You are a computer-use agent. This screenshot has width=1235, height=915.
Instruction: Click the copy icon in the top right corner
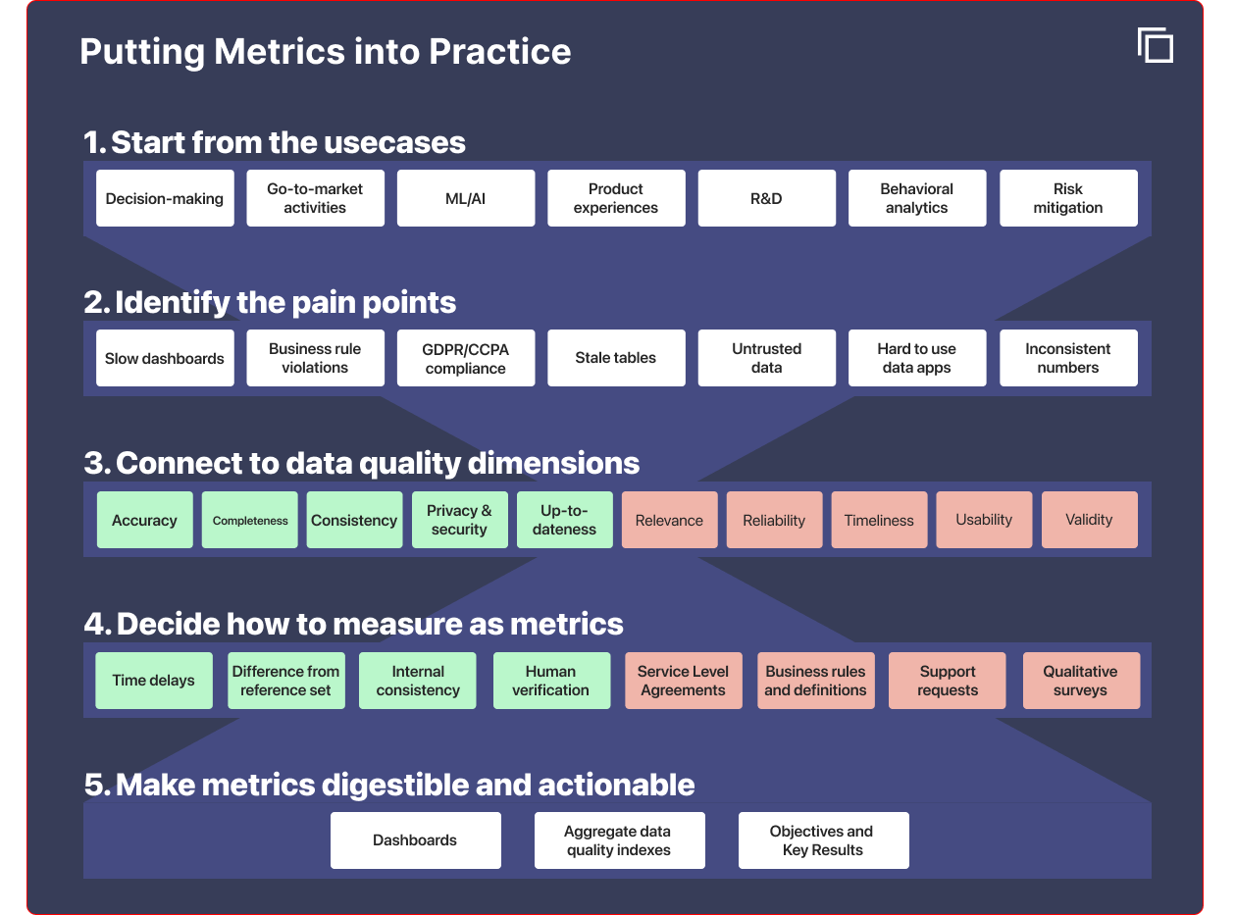(x=1156, y=46)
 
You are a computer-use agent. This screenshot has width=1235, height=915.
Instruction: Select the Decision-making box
(x=165, y=198)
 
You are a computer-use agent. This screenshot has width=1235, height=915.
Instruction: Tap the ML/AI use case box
(x=466, y=198)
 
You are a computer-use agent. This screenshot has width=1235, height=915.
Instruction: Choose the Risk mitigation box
(x=1068, y=198)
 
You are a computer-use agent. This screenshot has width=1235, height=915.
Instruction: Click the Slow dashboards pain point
(x=165, y=358)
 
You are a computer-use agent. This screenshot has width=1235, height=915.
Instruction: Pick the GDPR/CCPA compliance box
(x=466, y=358)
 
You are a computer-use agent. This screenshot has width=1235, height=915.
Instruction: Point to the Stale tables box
(x=616, y=358)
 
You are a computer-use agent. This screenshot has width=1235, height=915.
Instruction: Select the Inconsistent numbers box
(x=1068, y=358)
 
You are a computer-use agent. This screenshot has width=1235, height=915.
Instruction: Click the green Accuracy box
(x=145, y=520)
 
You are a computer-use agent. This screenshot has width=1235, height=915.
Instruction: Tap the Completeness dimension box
(x=249, y=520)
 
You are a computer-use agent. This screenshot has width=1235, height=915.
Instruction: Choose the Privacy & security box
(x=459, y=520)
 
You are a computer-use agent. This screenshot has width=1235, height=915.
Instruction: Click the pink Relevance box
(x=669, y=520)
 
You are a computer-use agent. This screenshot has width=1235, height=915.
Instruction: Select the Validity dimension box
(x=1089, y=520)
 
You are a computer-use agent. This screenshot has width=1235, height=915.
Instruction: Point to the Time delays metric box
(x=154, y=680)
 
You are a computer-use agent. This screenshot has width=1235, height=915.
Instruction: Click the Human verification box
(x=551, y=680)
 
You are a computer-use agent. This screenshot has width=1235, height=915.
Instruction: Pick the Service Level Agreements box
(x=683, y=680)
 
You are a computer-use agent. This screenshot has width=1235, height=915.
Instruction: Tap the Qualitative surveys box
(x=1081, y=680)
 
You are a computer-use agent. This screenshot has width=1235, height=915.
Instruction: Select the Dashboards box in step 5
(x=415, y=839)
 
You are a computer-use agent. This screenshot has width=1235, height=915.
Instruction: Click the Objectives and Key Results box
(x=824, y=839)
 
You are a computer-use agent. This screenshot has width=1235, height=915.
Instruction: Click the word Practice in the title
(x=499, y=51)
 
